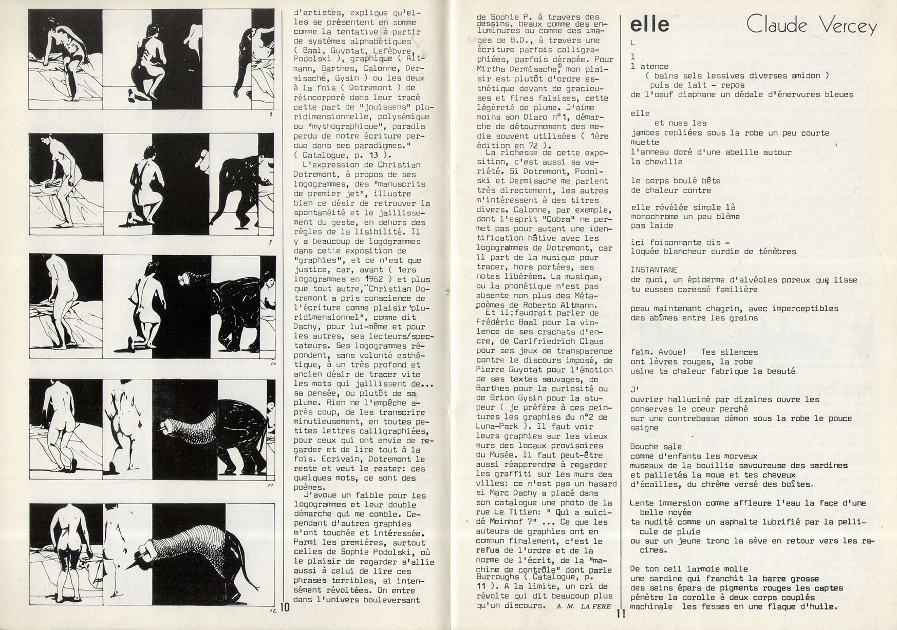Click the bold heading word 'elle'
tap(649, 25)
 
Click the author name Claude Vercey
tap(811, 25)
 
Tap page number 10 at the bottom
tap(285, 608)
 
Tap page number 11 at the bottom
tap(621, 613)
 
